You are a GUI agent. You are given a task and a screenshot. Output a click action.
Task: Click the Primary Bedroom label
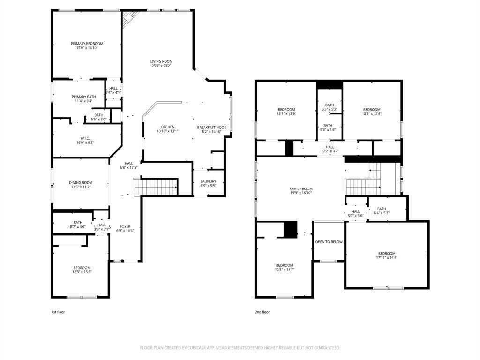pos(87,44)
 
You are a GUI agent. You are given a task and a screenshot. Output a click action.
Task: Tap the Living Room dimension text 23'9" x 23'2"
pos(162,66)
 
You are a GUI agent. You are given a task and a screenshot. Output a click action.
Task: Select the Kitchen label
pos(167,127)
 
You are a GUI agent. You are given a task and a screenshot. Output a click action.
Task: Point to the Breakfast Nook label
pos(211,127)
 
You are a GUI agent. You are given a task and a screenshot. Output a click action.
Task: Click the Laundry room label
pos(208,181)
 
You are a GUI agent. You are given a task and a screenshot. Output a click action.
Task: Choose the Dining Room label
pos(81,183)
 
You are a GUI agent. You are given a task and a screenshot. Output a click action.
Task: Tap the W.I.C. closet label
pos(84,138)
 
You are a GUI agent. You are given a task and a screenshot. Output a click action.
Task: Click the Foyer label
pos(125,226)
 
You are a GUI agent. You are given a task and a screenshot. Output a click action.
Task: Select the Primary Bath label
pos(83,97)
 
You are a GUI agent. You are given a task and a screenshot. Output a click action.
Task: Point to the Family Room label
pos(300,188)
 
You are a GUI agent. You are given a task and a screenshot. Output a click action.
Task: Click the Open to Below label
pos(329,242)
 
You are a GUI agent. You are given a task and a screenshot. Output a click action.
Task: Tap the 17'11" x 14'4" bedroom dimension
pos(387,258)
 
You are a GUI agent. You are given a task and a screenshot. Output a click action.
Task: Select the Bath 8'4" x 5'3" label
pos(381,209)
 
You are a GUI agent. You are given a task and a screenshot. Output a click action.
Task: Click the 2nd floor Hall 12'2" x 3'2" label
pos(330,147)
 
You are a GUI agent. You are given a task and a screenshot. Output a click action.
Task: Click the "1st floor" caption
pos(58,312)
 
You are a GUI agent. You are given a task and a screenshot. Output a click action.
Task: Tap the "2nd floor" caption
pos(262,312)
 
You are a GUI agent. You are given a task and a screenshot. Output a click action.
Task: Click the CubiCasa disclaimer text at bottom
pos(240,348)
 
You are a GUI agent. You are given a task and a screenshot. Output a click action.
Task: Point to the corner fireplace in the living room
pos(130,19)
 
